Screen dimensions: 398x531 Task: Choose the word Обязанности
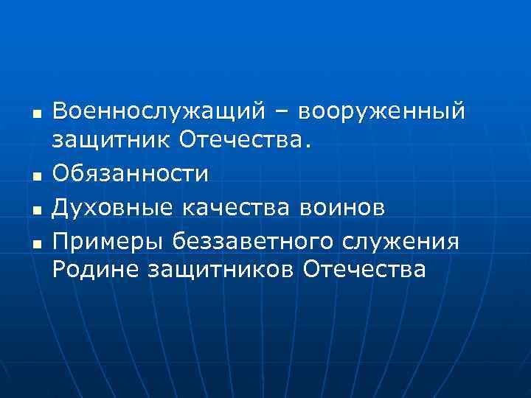(x=131, y=176)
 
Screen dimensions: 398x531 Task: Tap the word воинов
(x=343, y=208)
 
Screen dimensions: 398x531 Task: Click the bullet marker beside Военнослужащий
(x=35, y=114)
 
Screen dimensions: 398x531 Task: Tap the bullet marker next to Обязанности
(x=35, y=178)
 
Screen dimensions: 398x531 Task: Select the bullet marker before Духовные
(x=35, y=210)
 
